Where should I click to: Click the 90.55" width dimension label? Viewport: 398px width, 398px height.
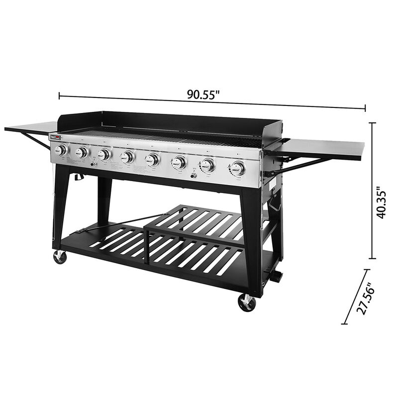pos(203,95)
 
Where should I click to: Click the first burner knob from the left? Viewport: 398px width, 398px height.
pos(62,150)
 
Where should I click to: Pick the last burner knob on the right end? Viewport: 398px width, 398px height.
pos(238,168)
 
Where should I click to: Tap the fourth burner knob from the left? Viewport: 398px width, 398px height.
pos(128,157)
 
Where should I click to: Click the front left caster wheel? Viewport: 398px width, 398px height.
pos(60,257)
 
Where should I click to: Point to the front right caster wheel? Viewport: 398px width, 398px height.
pos(247,302)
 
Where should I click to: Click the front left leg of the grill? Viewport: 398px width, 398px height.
pos(61,209)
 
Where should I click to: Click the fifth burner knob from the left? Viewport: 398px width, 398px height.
pos(153,160)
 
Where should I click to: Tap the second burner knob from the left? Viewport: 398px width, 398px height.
pos(82,152)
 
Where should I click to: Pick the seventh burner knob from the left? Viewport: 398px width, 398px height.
pos(209,165)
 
